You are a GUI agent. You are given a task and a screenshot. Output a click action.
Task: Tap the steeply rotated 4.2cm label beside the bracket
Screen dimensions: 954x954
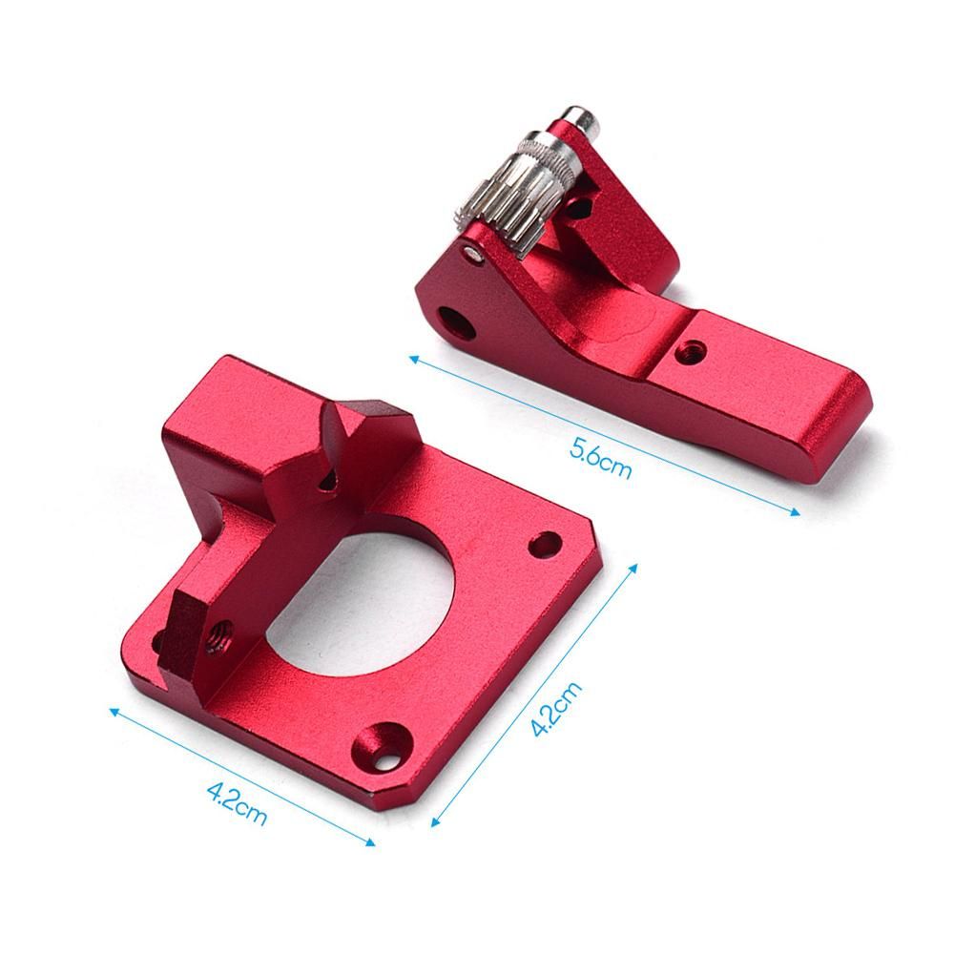555,709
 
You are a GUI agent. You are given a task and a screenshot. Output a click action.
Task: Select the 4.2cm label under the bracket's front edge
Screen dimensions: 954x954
237,803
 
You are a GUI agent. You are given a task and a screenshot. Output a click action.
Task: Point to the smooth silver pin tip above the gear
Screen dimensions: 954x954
580,122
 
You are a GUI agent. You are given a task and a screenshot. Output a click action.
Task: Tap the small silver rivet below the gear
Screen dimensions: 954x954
473,253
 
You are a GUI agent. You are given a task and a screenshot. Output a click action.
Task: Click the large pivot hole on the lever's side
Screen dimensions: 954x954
458,322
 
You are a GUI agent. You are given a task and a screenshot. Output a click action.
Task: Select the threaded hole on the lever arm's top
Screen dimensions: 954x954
692,350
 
